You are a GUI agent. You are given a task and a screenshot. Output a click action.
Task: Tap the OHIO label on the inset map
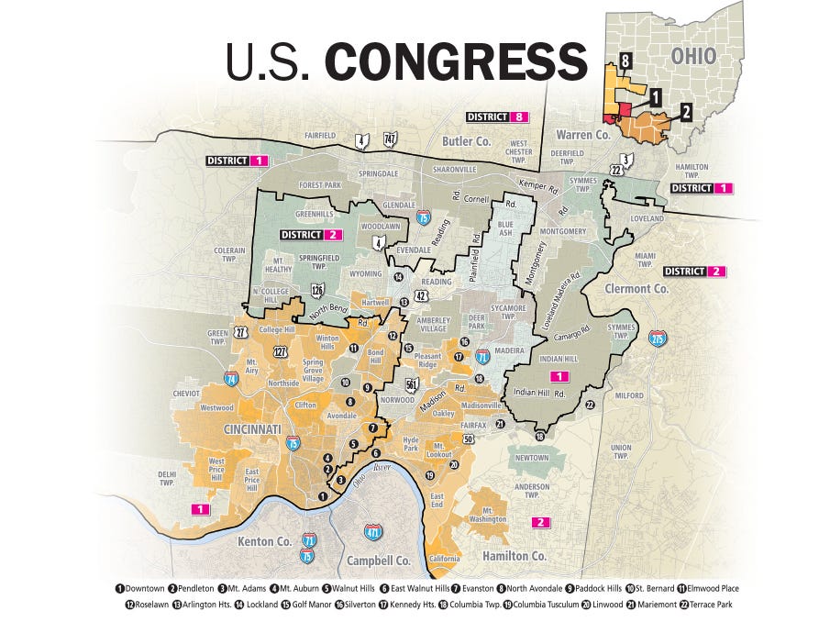coord(693,55)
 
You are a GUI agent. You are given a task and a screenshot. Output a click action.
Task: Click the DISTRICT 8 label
coord(495,117)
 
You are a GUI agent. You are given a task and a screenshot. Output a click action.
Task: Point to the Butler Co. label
coord(467,141)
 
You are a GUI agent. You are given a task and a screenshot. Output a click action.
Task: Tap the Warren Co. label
coord(582,135)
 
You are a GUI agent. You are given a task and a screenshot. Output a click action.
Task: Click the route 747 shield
coord(389,139)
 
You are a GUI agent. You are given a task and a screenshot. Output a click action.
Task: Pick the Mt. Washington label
coord(493,515)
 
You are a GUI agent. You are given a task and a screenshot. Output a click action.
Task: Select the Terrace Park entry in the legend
coord(703,605)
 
